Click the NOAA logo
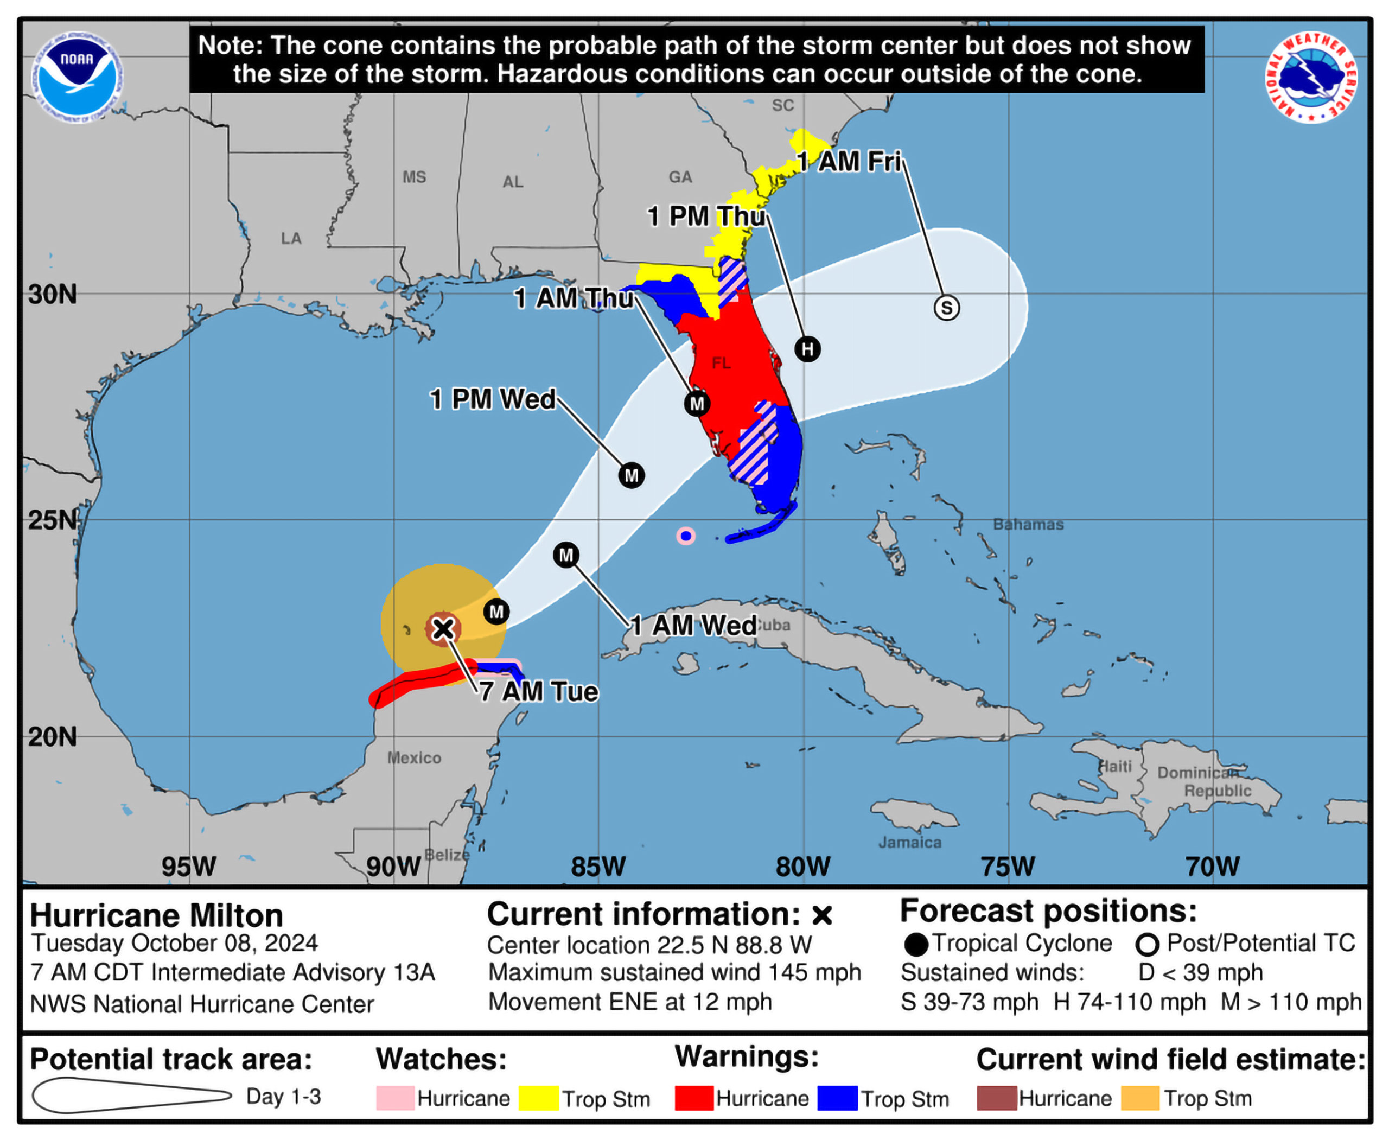point(78,78)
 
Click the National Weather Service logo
point(1311,78)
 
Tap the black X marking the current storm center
point(443,628)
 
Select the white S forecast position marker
point(946,307)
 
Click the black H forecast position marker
point(807,349)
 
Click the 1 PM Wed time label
point(493,399)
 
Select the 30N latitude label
point(53,295)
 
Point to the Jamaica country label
point(909,842)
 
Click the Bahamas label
point(1028,524)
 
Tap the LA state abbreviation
point(291,238)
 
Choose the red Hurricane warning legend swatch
point(694,1098)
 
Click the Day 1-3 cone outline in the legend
point(131,1096)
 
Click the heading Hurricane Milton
point(156,915)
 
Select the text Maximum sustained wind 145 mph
point(674,972)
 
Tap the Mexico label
point(414,758)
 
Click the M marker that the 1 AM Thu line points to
point(697,403)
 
